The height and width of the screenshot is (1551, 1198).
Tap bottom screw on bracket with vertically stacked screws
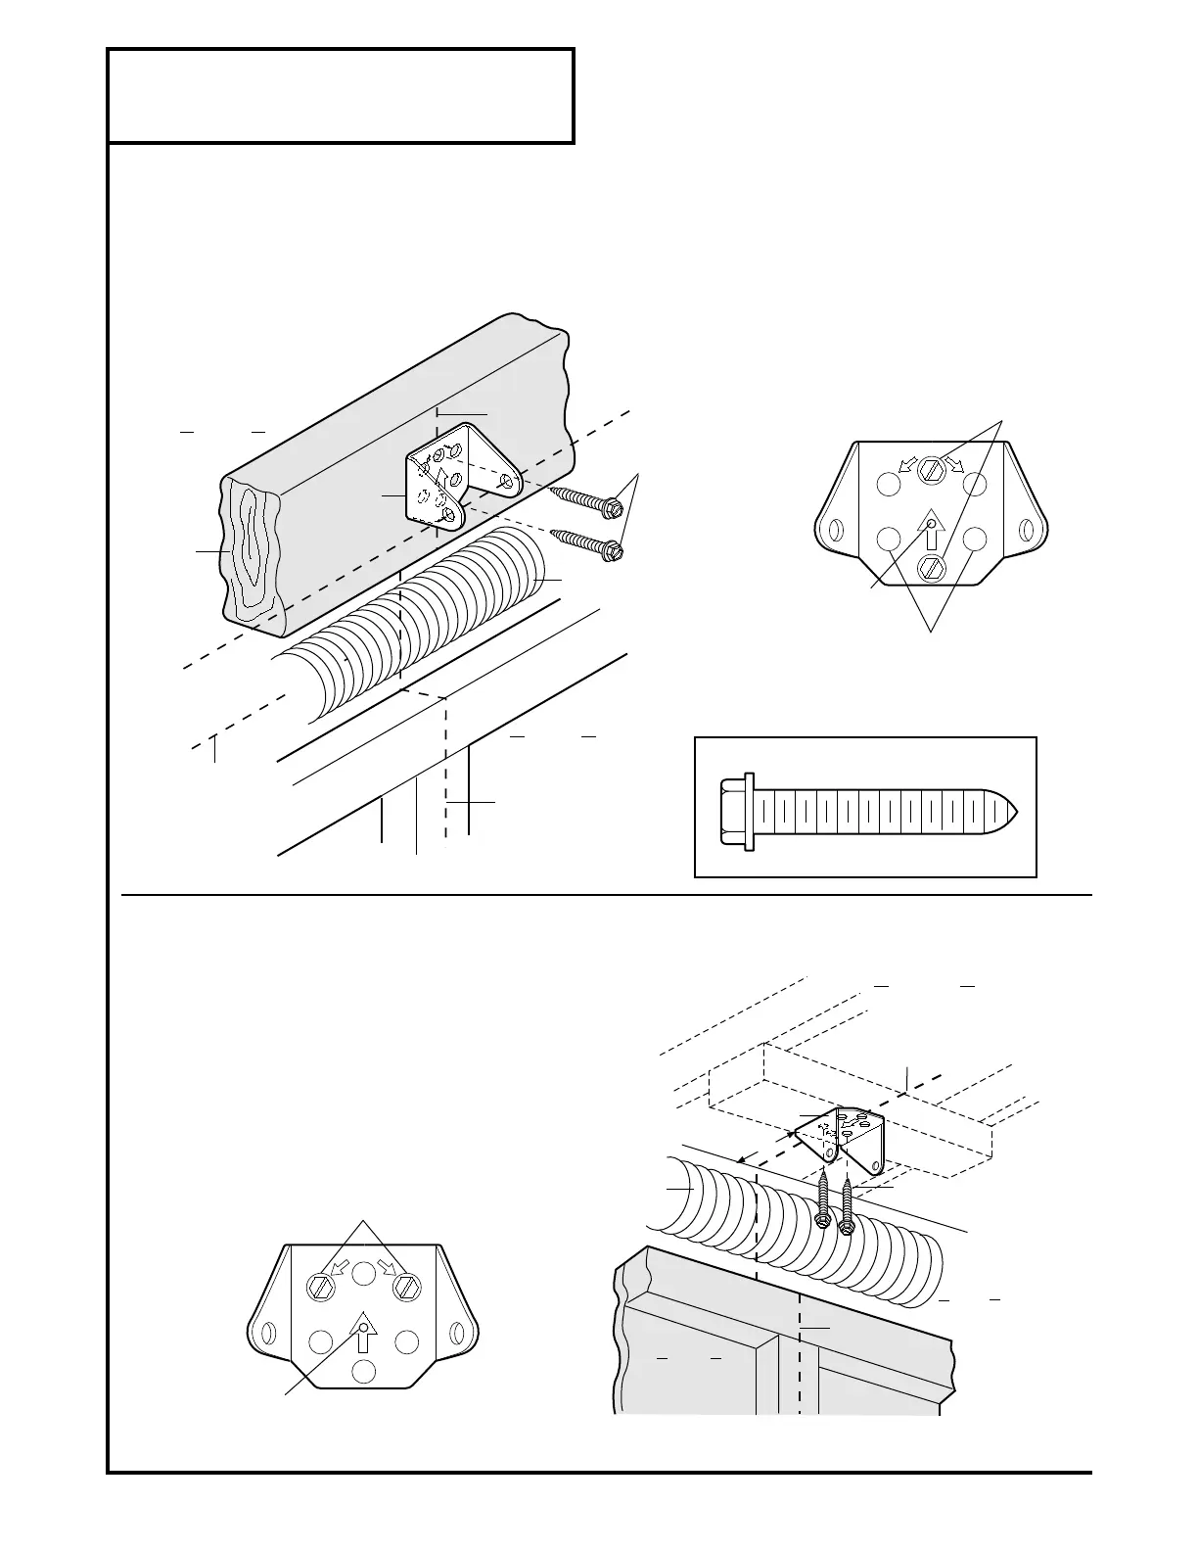coord(931,566)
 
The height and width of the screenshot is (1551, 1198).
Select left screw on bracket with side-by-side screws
coord(320,1289)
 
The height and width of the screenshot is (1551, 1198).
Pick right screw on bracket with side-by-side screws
coord(406,1289)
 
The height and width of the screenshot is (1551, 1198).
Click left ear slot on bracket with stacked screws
coord(836,530)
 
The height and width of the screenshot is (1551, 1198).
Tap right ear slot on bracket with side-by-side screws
coord(455,1334)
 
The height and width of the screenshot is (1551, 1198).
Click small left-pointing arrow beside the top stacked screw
coord(907,464)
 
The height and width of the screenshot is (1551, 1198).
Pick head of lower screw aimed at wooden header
coord(615,550)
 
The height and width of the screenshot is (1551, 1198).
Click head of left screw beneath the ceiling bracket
coord(823,1219)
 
